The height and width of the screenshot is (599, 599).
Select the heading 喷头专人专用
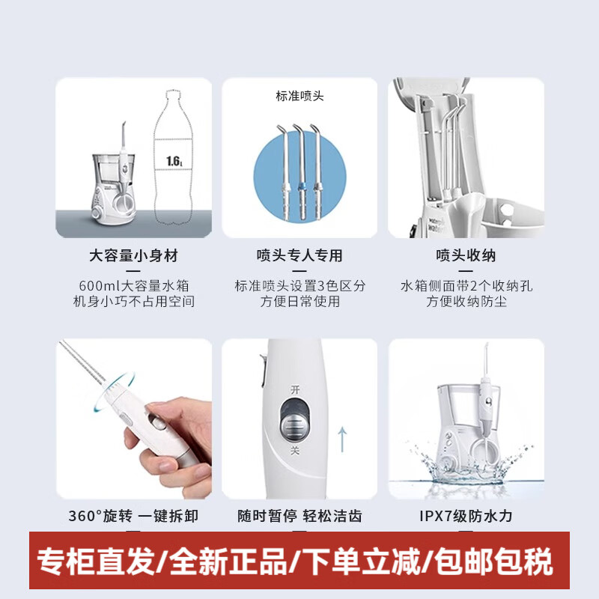point(299,256)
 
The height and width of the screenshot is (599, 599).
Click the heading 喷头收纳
point(465,256)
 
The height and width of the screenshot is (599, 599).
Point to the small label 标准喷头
point(299,97)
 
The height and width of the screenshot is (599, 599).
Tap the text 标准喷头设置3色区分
point(299,286)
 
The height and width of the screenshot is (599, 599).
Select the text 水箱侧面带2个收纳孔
point(465,286)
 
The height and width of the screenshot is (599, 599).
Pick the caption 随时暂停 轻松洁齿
point(299,516)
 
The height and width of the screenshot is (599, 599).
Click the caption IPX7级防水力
point(465,516)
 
